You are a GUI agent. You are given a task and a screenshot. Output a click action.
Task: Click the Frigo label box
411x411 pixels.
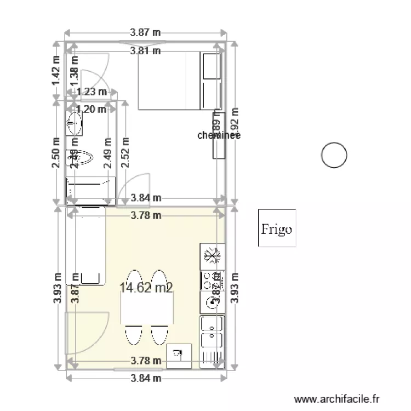pos(277,228)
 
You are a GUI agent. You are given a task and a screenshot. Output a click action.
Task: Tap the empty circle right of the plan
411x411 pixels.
pos(334,156)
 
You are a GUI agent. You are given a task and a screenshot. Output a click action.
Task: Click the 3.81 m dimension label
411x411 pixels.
pos(145,52)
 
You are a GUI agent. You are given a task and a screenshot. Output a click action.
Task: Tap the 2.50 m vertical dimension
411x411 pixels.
pos(56,155)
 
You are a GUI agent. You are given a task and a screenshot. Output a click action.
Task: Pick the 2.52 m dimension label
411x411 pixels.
pos(125,155)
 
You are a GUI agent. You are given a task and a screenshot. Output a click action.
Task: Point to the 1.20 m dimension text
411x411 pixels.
pos(92,109)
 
